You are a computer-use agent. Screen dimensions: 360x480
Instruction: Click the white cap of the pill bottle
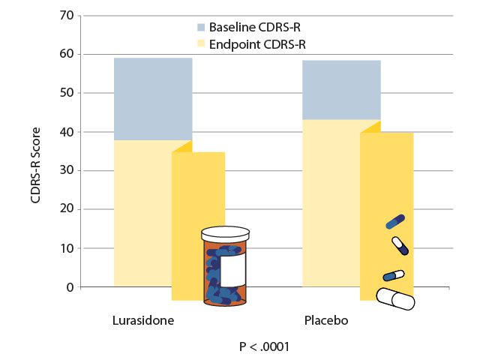point(223,235)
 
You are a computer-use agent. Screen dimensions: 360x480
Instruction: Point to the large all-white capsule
point(395,298)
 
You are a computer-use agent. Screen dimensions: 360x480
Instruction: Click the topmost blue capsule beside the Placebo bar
point(395,221)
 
